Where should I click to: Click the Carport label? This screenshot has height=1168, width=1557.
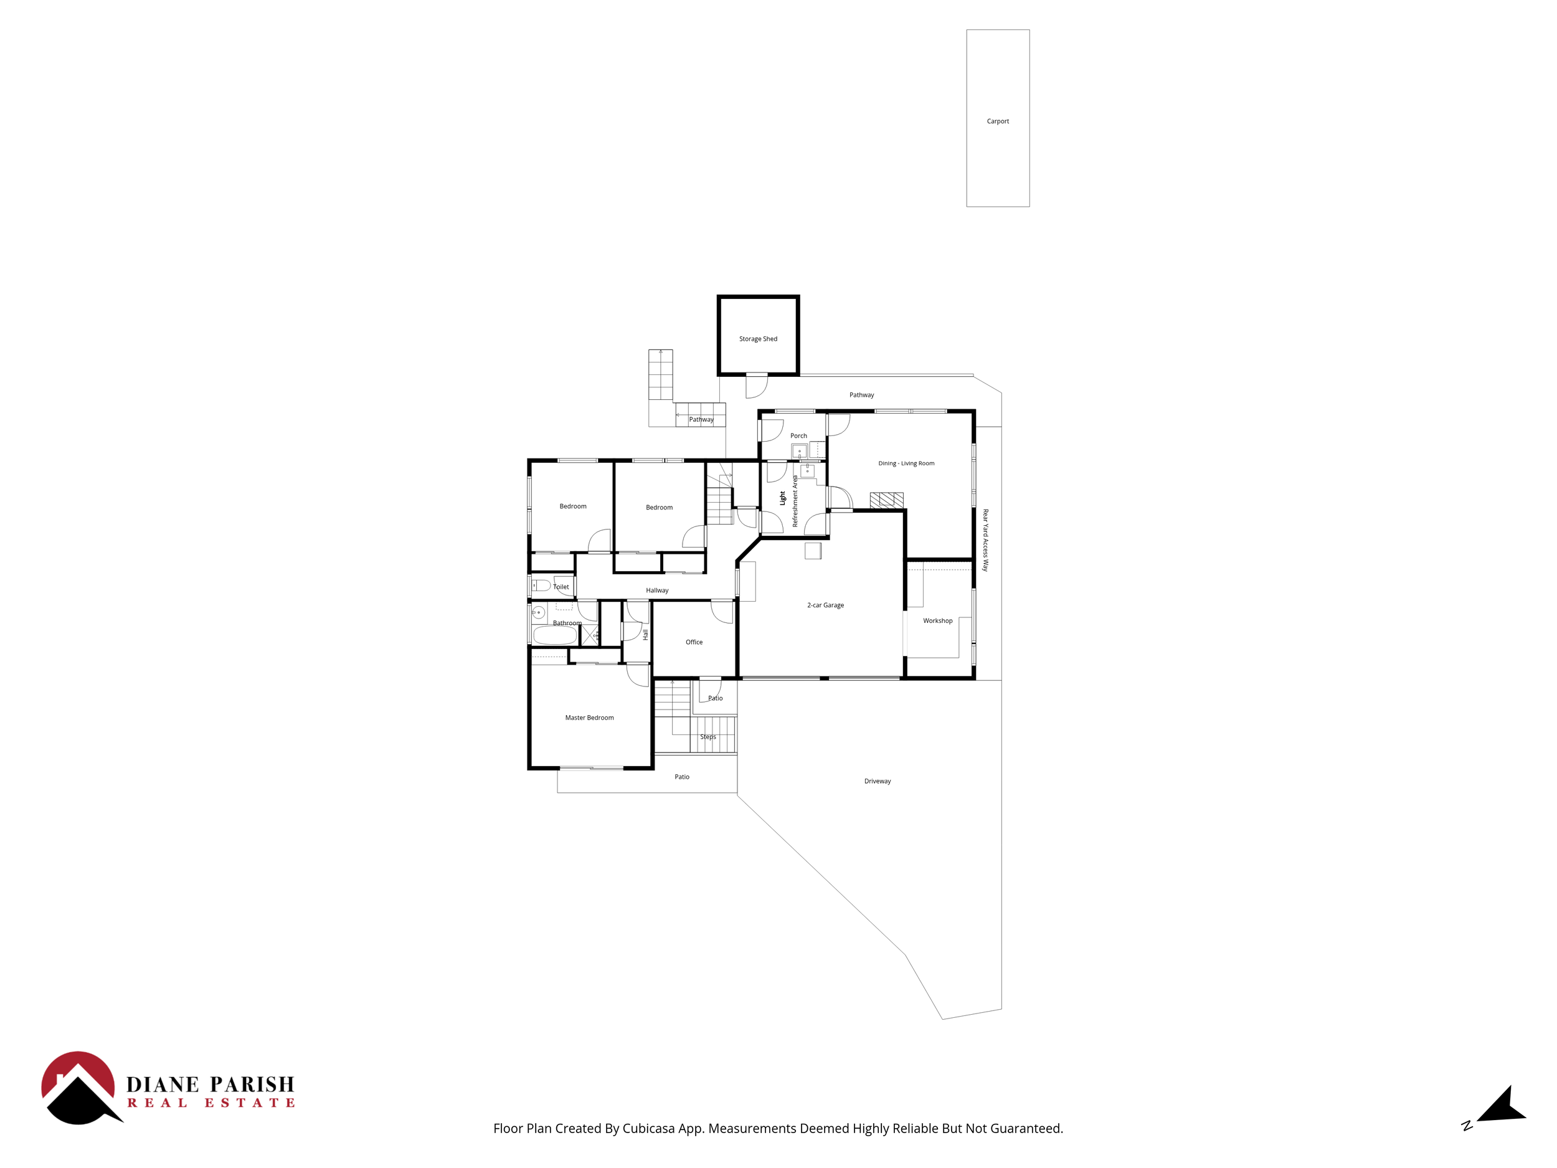(997, 121)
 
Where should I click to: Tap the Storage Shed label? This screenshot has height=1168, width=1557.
(758, 339)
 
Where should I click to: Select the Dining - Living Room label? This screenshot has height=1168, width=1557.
(906, 463)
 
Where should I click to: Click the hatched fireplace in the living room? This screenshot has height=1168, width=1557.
(886, 500)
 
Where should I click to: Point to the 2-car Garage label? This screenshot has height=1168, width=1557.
(825, 605)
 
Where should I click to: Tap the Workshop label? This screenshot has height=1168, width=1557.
(937, 621)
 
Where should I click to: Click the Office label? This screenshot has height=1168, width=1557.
(694, 642)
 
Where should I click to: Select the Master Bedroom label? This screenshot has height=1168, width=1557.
(589, 718)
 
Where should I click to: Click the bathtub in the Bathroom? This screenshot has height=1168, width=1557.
(556, 636)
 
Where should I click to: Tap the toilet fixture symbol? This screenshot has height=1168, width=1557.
(541, 585)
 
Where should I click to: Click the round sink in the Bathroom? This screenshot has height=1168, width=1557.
(539, 612)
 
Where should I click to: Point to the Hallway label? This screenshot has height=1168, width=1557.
(656, 591)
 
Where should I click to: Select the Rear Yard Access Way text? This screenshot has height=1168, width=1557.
(985, 540)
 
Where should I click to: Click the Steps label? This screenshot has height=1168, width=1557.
(708, 737)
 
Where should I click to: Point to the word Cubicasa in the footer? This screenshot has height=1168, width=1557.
(649, 1129)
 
